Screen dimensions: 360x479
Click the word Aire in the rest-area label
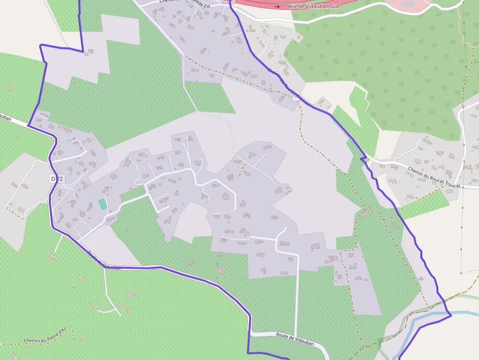[293, 6]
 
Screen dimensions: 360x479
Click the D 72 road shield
[57, 179]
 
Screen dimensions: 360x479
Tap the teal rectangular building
[103, 204]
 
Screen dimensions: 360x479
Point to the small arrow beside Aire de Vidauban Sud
[277, 6]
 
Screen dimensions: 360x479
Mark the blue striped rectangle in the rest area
[408, 4]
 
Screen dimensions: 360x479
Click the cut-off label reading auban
[5, 117]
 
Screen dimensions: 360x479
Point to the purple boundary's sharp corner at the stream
[451, 315]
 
